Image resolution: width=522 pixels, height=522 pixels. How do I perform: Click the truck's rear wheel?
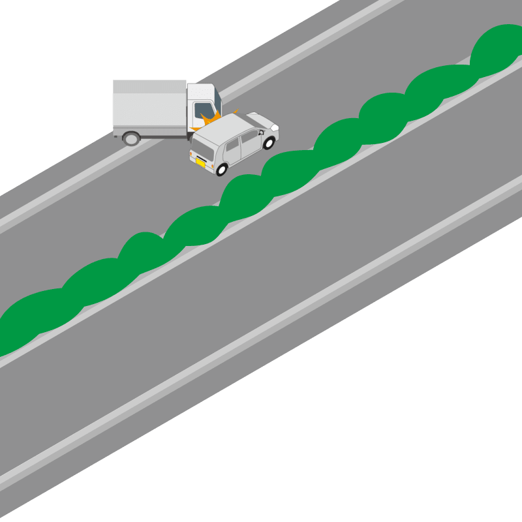coord(131,138)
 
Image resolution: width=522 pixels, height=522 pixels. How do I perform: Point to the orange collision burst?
coord(210,119)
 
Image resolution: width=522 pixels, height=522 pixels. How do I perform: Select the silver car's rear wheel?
coord(222,170)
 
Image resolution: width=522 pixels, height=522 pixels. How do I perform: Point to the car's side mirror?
coord(261,132)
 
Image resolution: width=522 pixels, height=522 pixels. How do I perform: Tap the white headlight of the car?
coord(275,127)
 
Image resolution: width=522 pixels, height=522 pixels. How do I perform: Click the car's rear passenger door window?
coord(233,145)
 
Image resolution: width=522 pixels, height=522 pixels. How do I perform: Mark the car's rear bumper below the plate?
coord(202,168)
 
